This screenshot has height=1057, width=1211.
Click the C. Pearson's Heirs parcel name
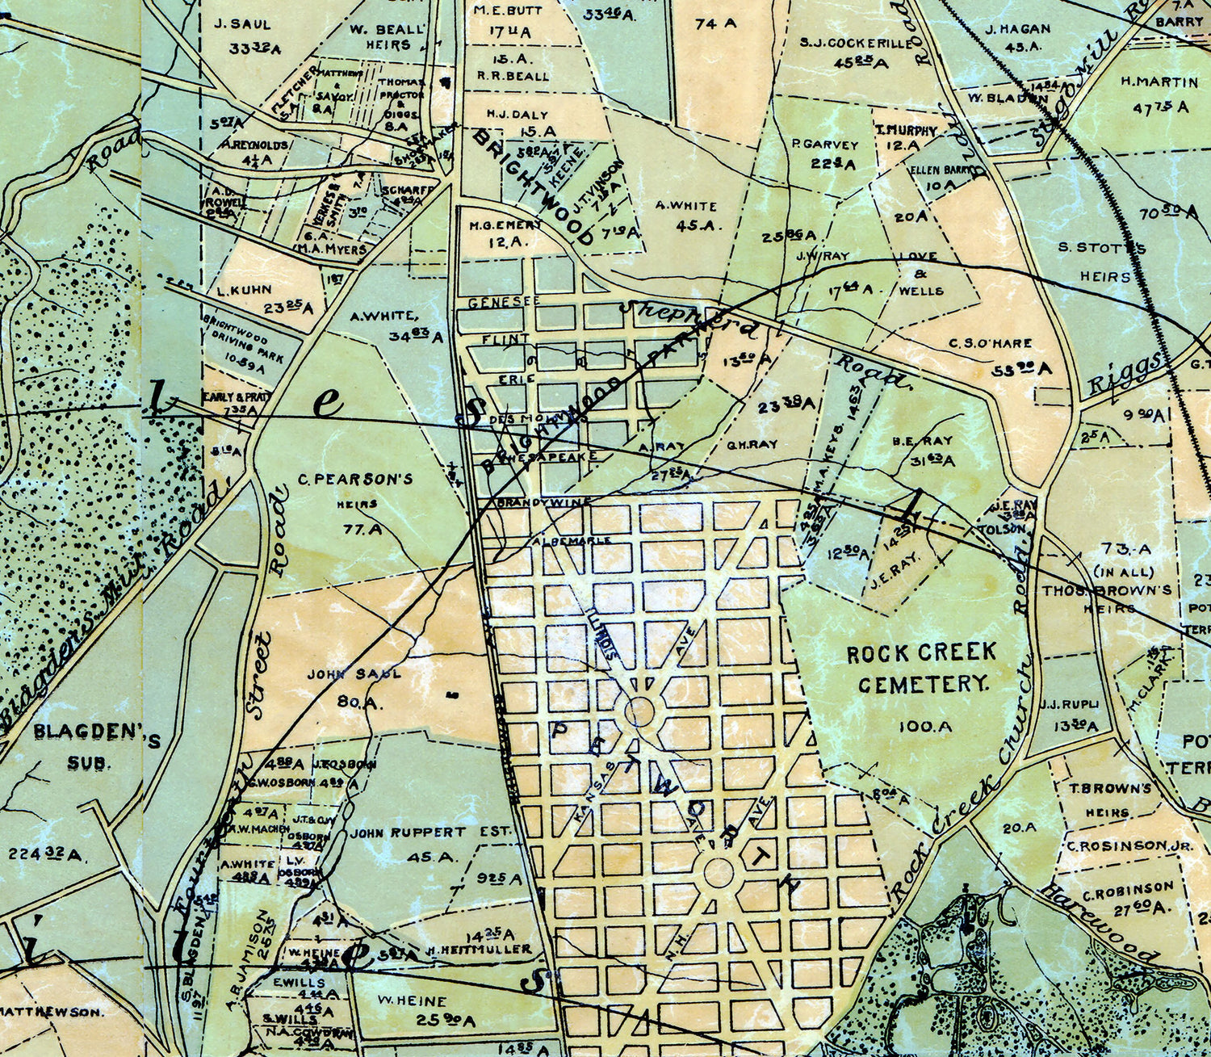click(356, 491)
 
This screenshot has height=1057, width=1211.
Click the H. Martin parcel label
click(1159, 82)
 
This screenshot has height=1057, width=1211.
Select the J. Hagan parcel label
click(1018, 29)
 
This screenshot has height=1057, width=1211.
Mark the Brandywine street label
click(534, 502)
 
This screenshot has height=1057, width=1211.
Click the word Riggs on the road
click(1126, 372)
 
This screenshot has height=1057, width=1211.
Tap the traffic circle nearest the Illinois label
click(639, 712)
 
